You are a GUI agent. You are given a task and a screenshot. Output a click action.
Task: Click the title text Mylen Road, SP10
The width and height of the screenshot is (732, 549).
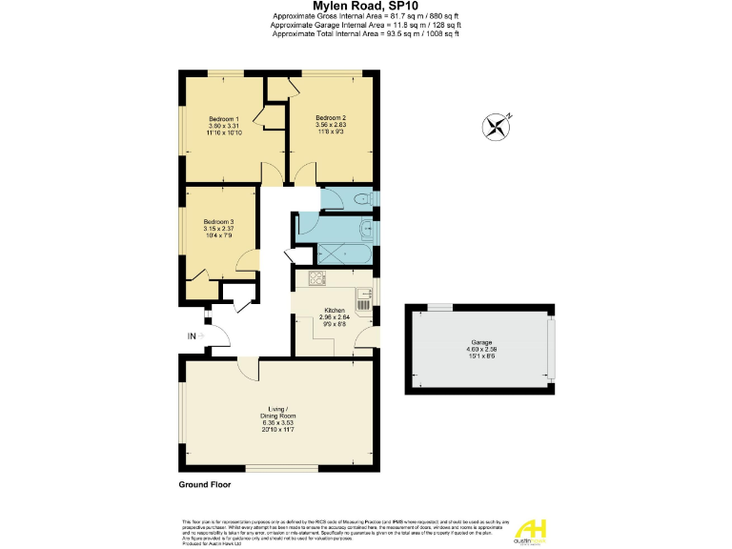pyautogui.click(x=365, y=7)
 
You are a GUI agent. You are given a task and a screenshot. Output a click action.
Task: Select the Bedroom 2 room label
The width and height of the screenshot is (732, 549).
pyautogui.click(x=331, y=119)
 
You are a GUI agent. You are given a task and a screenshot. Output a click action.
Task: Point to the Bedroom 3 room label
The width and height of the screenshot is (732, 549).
pyautogui.click(x=218, y=222)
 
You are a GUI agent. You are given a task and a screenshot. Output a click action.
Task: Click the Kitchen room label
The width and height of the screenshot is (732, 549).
pyautogui.click(x=334, y=311)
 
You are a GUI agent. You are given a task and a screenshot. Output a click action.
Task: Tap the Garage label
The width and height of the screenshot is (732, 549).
pyautogui.click(x=482, y=341)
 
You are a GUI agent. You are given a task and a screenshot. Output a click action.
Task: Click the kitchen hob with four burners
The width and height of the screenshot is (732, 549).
pyautogui.click(x=315, y=279)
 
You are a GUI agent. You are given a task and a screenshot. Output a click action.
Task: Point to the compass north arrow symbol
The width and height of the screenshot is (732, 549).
pyautogui.click(x=496, y=125)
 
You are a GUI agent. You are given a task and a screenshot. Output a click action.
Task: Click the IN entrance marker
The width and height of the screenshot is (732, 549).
pyautogui.click(x=192, y=336)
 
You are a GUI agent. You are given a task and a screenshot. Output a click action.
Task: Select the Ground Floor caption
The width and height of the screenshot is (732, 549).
pyautogui.click(x=206, y=485)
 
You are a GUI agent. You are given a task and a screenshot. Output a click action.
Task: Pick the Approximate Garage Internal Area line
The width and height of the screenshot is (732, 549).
pyautogui.click(x=365, y=26)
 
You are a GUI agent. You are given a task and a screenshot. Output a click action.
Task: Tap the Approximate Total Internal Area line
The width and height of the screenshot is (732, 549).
pyautogui.click(x=365, y=34)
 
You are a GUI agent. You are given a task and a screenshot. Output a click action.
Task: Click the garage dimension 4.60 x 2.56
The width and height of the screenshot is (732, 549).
pyautogui.click(x=482, y=349)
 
